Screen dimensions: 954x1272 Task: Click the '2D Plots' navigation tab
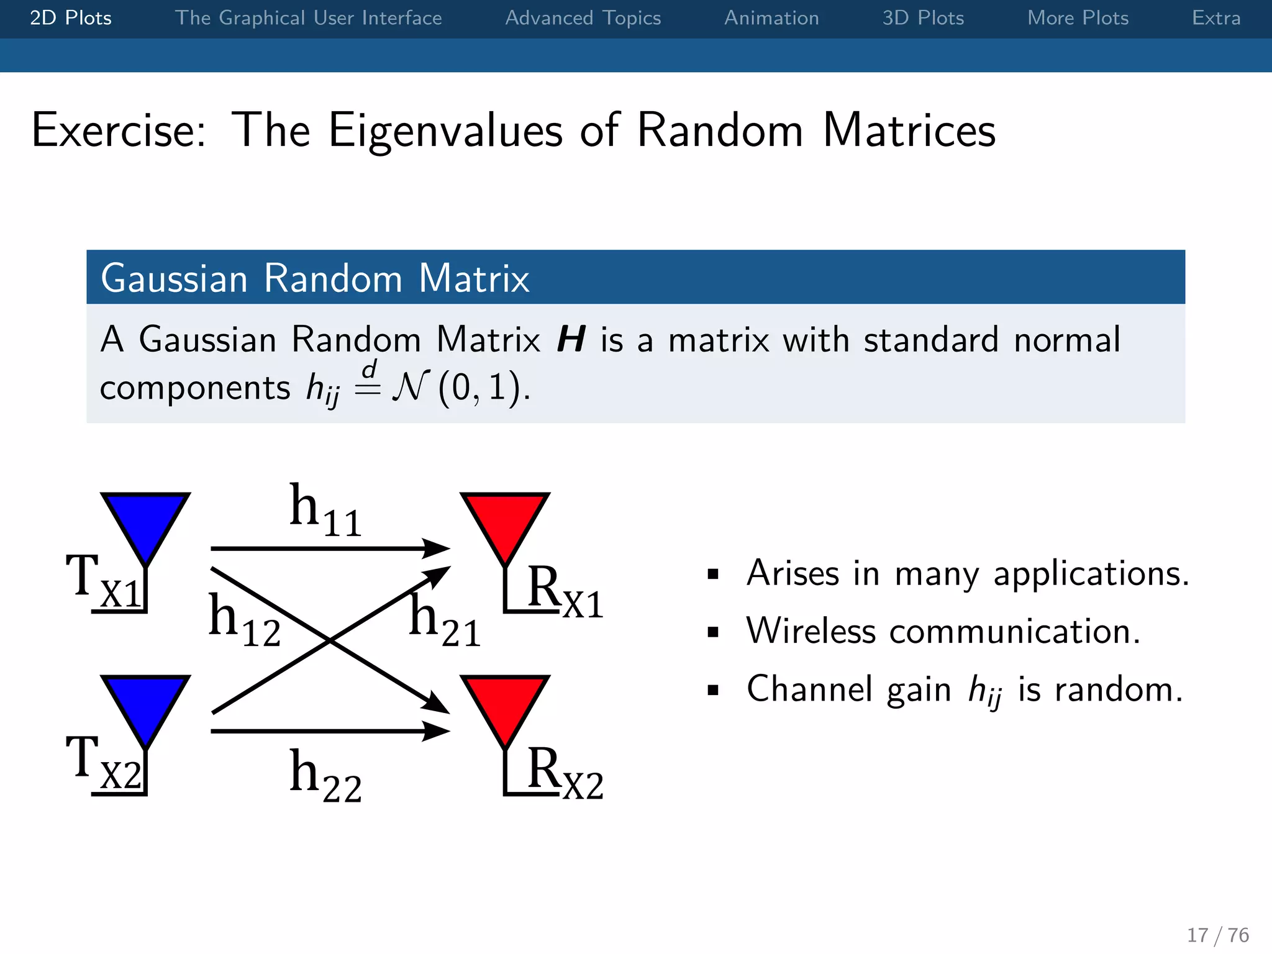(x=70, y=18)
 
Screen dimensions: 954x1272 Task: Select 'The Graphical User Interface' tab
(x=308, y=18)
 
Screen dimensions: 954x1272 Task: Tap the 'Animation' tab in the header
(x=771, y=18)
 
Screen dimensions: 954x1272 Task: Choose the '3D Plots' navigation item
(x=923, y=18)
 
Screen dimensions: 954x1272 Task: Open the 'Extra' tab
(x=1215, y=18)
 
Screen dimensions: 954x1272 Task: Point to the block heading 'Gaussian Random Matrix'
(x=315, y=278)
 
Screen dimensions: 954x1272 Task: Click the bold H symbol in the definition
(x=571, y=340)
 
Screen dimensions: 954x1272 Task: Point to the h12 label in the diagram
(x=243, y=621)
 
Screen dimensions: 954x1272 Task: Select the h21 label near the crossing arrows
(x=444, y=621)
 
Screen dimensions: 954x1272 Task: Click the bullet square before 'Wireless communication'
(x=713, y=632)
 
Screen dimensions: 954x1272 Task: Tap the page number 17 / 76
(x=1217, y=935)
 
